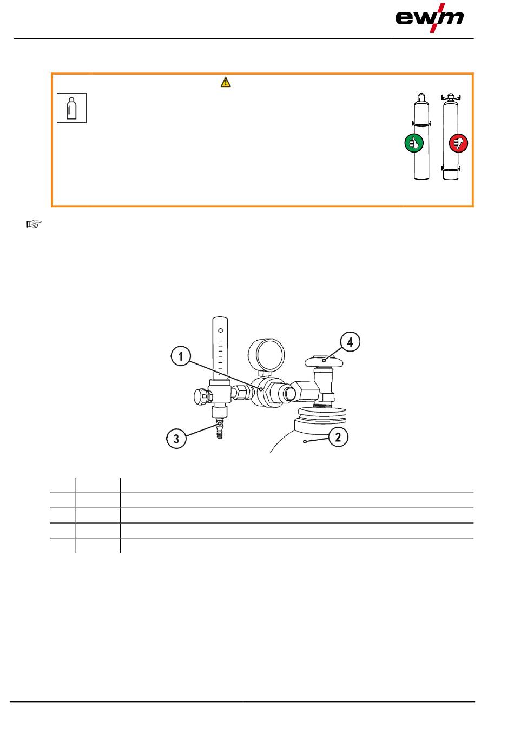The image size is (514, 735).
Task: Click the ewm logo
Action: pyautogui.click(x=429, y=18)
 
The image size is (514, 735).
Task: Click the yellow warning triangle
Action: pyautogui.click(x=226, y=82)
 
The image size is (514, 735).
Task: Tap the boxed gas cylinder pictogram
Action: pyautogui.click(x=71, y=108)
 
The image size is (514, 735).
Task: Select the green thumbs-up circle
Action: pyautogui.click(x=414, y=143)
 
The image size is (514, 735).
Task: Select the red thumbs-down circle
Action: pyautogui.click(x=458, y=143)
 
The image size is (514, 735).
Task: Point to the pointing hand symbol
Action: pyautogui.click(x=34, y=224)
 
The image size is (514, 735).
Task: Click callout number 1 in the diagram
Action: pyautogui.click(x=181, y=356)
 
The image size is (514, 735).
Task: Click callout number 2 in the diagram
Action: pyautogui.click(x=338, y=437)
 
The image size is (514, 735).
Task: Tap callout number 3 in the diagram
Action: pyautogui.click(x=176, y=439)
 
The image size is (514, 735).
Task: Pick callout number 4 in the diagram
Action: pyautogui.click(x=350, y=342)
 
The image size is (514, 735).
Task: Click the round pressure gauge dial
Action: pyautogui.click(x=266, y=355)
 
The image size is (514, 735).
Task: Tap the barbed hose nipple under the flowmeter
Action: pyautogui.click(x=220, y=428)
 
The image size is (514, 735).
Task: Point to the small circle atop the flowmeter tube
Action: pyautogui.click(x=221, y=330)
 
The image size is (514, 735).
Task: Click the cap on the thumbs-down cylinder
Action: pyautogui.click(x=451, y=97)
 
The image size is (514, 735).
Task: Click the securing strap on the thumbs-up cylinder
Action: pyautogui.click(x=421, y=124)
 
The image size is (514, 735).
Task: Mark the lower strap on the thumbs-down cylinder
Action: pyautogui.click(x=451, y=169)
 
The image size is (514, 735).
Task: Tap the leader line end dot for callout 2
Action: pyautogui.click(x=305, y=442)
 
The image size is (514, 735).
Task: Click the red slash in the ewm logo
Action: pyautogui.click(x=437, y=18)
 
